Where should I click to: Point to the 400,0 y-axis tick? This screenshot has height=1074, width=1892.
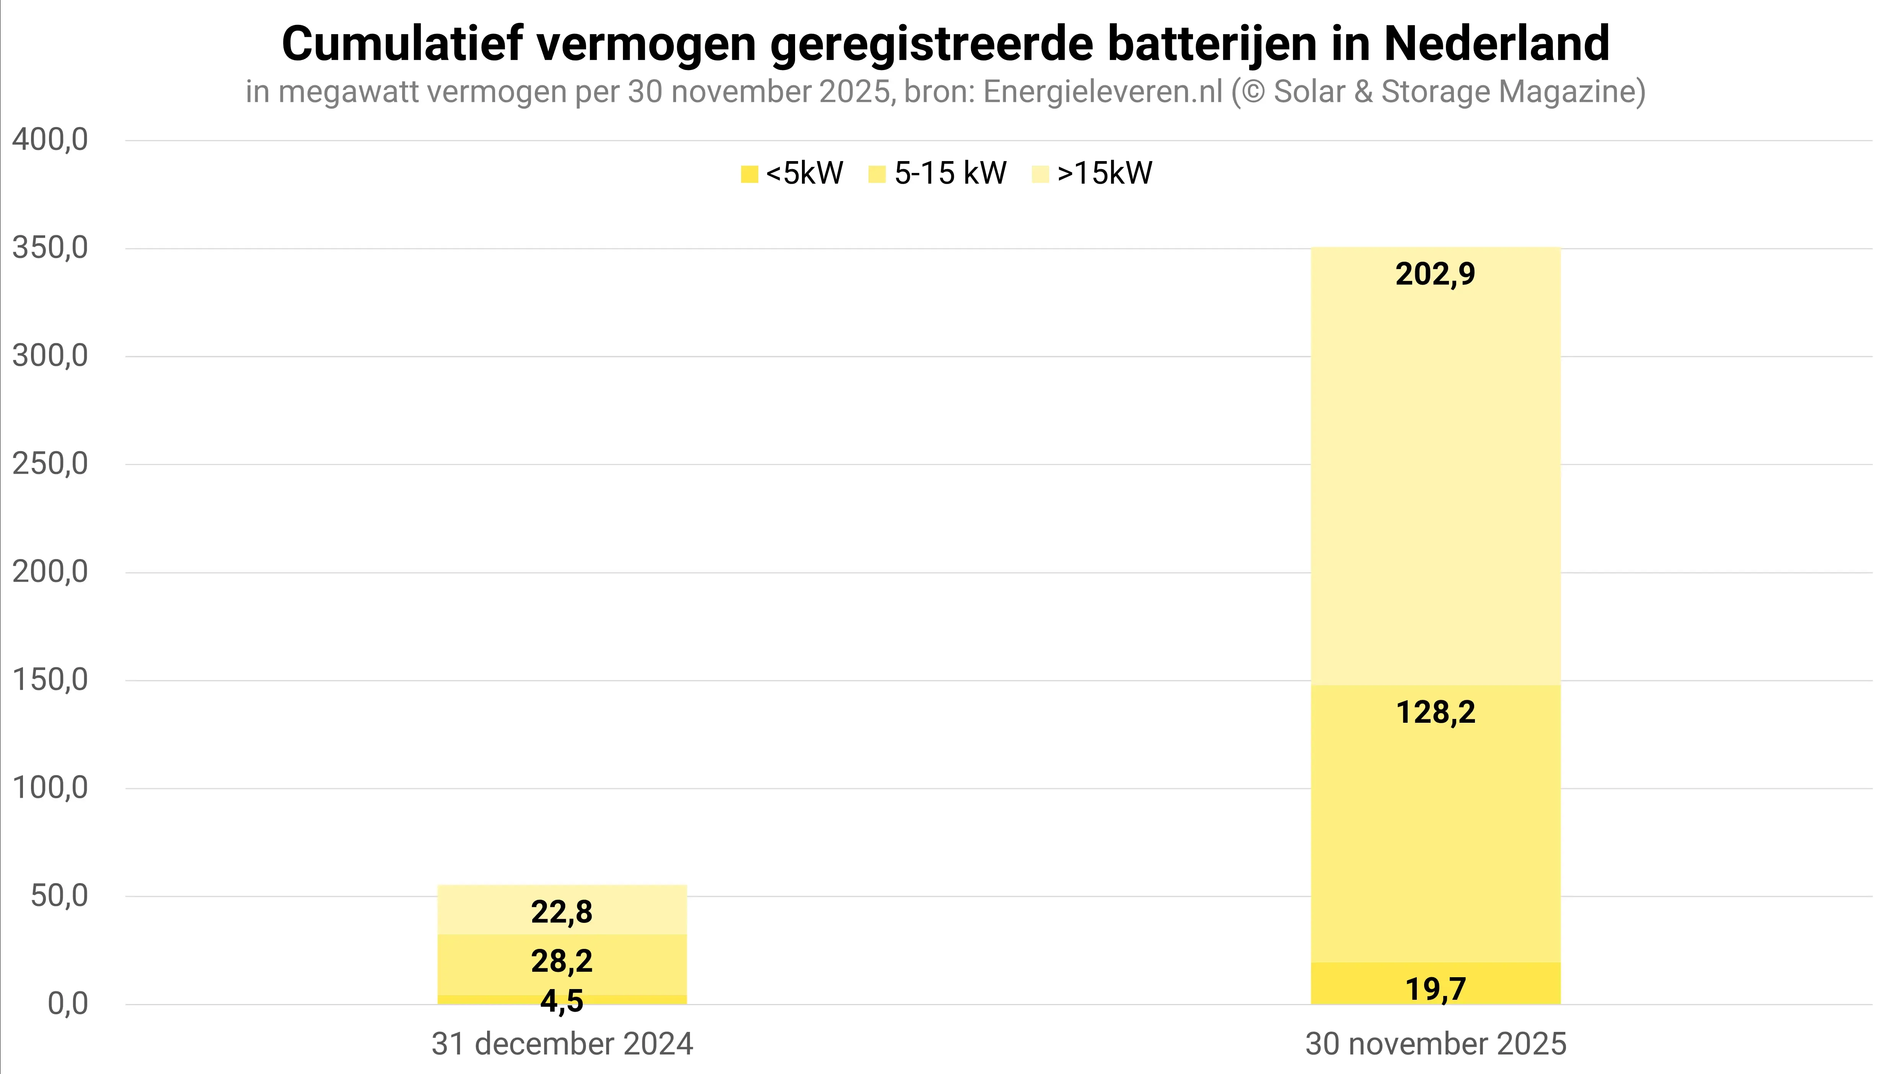tap(50, 139)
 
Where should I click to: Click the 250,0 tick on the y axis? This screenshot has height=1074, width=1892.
tap(50, 464)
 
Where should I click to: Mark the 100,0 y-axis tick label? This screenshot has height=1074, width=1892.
tap(50, 788)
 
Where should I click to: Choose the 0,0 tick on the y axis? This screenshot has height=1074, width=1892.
tap(68, 1004)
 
